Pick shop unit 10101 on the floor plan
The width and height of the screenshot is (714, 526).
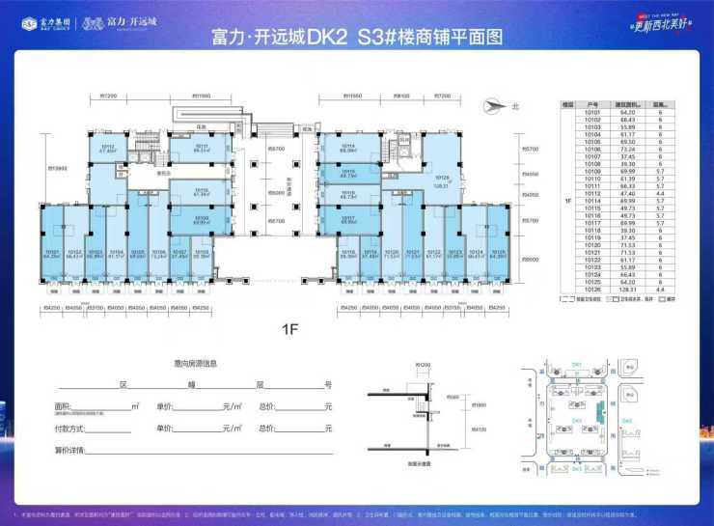(x=51, y=253)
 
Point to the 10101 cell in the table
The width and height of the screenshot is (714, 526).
(x=593, y=112)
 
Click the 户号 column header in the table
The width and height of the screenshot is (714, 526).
(x=593, y=104)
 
